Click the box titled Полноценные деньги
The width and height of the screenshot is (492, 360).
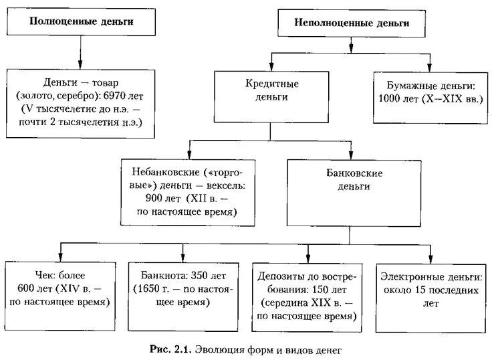pos(81,21)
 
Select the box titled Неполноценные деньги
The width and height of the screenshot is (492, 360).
pos(352,22)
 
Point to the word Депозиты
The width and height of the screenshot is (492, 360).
pos(280,276)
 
